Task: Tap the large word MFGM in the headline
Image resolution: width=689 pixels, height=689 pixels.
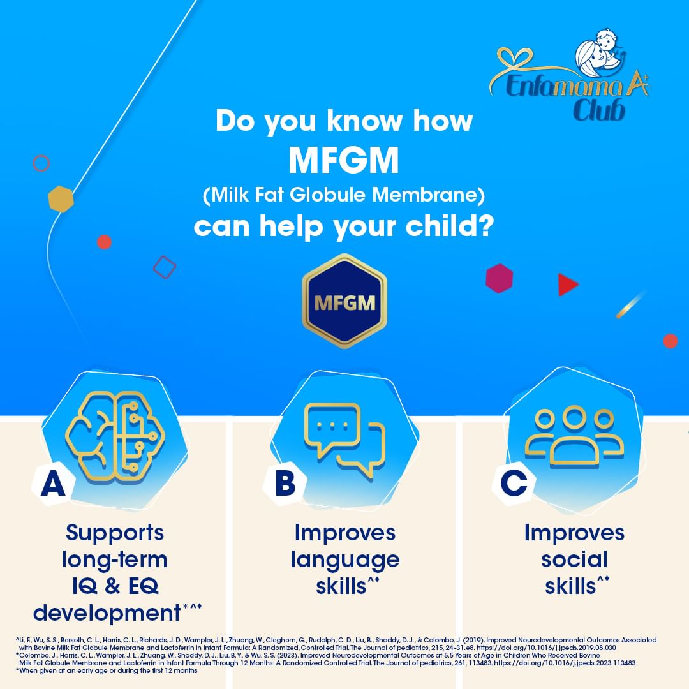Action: click(344, 160)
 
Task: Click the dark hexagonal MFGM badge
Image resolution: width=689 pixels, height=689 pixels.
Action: click(344, 301)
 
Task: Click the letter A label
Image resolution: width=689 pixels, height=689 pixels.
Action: click(53, 484)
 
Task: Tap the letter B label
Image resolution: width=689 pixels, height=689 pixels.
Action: click(285, 483)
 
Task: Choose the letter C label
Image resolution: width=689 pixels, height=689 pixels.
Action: click(514, 483)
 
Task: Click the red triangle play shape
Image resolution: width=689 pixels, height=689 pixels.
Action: click(567, 285)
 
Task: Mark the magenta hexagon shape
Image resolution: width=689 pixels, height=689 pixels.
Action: click(499, 278)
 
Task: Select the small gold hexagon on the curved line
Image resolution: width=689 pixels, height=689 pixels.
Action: click(61, 199)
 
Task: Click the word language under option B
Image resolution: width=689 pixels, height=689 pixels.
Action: click(345, 561)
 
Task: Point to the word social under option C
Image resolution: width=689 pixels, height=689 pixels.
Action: click(574, 559)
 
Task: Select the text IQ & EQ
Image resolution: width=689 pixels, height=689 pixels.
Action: click(115, 586)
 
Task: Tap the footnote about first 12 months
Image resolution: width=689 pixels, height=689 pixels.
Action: click(107, 670)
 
